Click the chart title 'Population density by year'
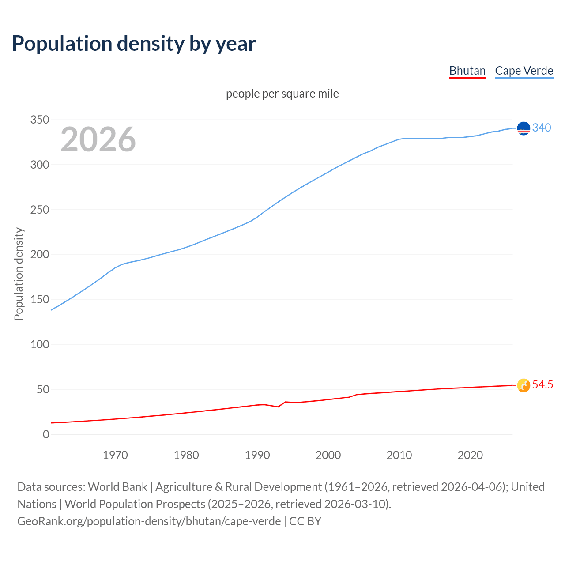pyautogui.click(x=134, y=44)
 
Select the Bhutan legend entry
pyautogui.click(x=467, y=71)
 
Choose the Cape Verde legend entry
pyautogui.click(x=524, y=71)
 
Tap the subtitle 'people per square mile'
pyautogui.click(x=282, y=94)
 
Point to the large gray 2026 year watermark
pyautogui.click(x=98, y=139)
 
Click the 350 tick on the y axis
pyautogui.click(x=40, y=120)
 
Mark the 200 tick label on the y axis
pyautogui.click(x=40, y=255)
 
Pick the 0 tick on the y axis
pyautogui.click(x=46, y=435)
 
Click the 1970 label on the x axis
pyautogui.click(x=115, y=455)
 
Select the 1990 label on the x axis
pyautogui.click(x=257, y=455)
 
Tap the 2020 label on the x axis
pyautogui.click(x=470, y=455)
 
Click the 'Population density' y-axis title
pyautogui.click(x=19, y=274)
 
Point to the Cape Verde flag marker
pyautogui.click(x=524, y=128)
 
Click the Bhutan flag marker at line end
pyautogui.click(x=524, y=385)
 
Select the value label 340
pyautogui.click(x=542, y=128)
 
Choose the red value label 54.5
pyautogui.click(x=542, y=385)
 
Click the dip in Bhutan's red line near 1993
pyautogui.click(x=278, y=407)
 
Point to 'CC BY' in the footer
pyautogui.click(x=305, y=521)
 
